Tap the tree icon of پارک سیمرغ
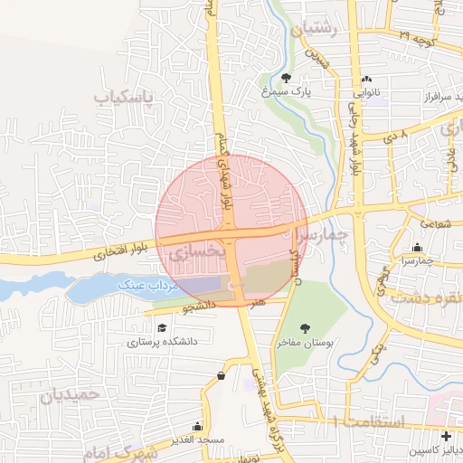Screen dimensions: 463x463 point(288,78)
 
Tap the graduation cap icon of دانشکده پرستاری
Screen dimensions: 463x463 point(162,328)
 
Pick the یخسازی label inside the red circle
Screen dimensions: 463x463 point(194,254)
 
